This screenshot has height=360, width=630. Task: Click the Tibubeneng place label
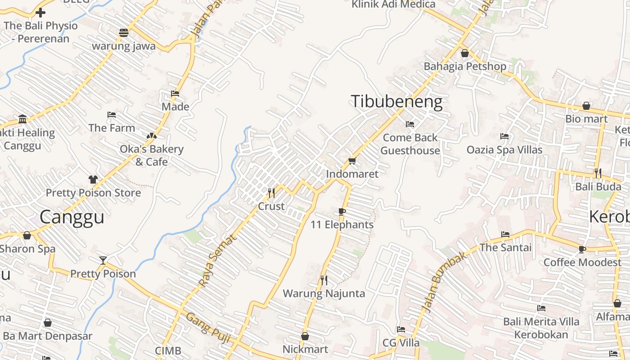[396, 102]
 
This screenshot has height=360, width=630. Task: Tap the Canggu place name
[72, 217]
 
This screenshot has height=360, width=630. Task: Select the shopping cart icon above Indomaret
[352, 161]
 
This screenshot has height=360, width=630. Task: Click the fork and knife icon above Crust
[271, 193]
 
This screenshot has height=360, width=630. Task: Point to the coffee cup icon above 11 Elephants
[342, 211]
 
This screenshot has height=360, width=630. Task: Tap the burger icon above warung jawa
[124, 32]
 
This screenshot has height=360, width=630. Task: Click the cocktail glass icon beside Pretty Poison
[103, 260]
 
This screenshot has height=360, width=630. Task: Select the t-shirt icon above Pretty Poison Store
[93, 180]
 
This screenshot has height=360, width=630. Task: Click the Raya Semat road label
[217, 261]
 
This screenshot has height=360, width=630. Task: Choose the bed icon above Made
[175, 94]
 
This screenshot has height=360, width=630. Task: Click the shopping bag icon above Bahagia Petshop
[465, 53]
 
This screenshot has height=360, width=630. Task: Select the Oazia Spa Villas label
[504, 149]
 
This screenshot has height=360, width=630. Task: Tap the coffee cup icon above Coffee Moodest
[582, 249]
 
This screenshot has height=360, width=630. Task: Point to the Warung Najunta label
[324, 294]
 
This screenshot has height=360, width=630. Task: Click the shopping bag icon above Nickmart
[305, 336]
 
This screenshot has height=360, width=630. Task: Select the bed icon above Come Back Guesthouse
[409, 124]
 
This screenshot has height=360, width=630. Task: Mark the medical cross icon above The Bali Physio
[40, 12]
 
